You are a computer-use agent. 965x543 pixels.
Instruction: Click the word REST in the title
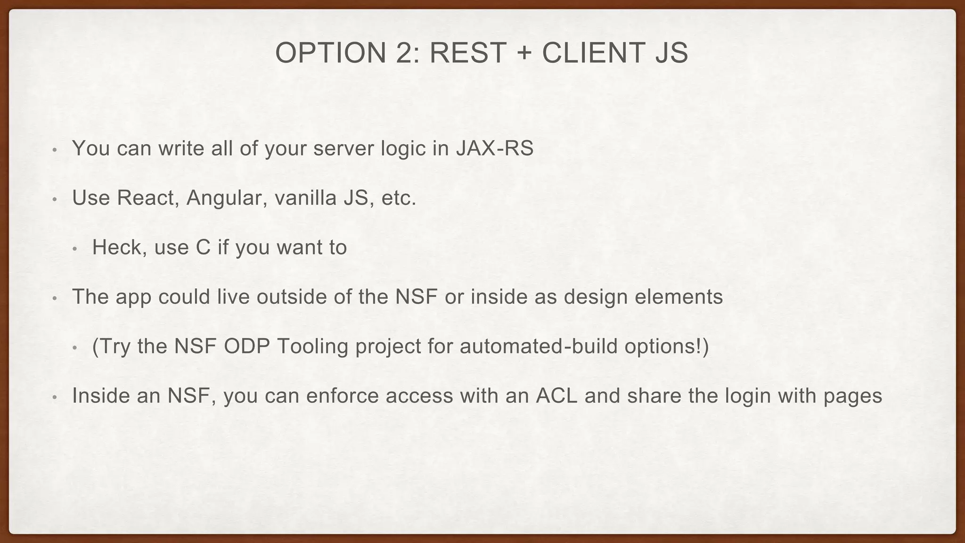[x=467, y=53]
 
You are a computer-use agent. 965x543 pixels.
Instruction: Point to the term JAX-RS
[x=495, y=148]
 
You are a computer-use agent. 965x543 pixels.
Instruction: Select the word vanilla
[x=305, y=198]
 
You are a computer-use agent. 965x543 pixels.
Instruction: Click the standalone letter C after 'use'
[x=203, y=247]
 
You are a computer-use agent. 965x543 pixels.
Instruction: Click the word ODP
[x=246, y=346]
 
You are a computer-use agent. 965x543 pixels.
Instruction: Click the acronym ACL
[x=556, y=396]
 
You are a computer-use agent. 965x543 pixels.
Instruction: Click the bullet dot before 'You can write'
[x=55, y=150]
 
